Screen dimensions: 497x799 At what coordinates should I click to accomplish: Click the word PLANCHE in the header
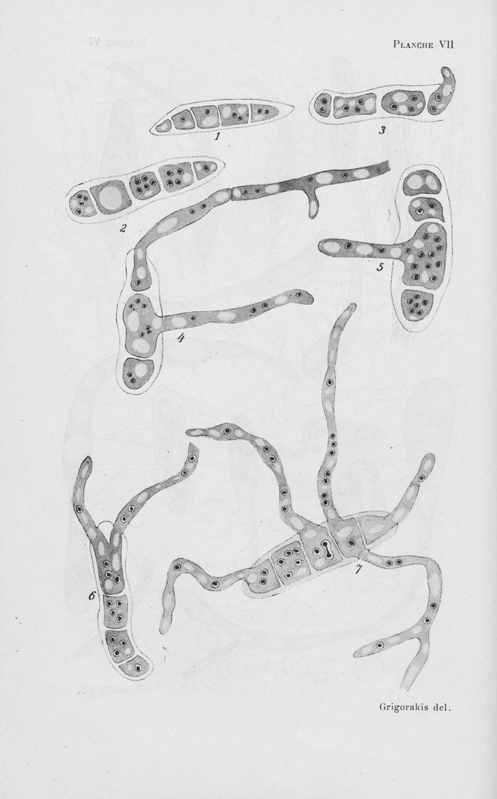tap(413, 45)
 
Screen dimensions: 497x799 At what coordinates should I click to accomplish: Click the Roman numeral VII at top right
tap(446, 45)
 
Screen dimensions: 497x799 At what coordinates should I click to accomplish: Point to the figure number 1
tap(217, 135)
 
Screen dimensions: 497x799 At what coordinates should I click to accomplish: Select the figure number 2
tap(123, 228)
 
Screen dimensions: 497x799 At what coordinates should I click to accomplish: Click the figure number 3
tap(382, 130)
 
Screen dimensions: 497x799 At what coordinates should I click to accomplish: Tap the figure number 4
tap(181, 337)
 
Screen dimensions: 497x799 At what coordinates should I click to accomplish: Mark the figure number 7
tap(358, 569)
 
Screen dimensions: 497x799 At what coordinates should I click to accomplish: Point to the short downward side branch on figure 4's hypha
tap(313, 207)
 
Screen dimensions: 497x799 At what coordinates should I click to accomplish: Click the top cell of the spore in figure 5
tap(423, 183)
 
